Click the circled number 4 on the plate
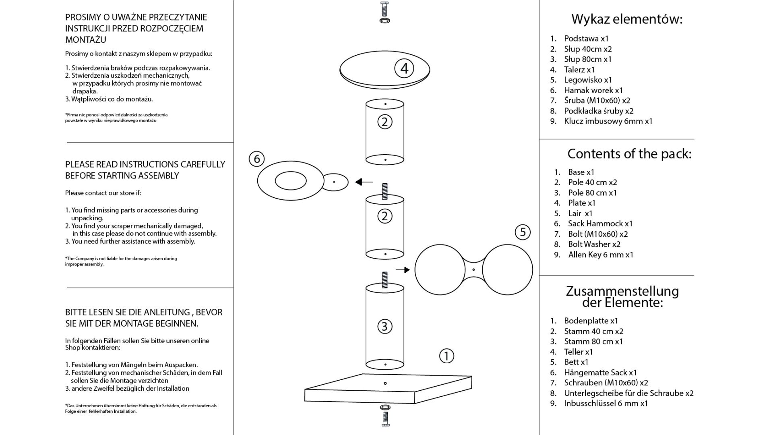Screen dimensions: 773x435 pyautogui.click(x=404, y=68)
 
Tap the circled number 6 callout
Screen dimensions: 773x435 pyautogui.click(x=257, y=159)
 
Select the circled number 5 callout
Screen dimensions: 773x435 pyautogui.click(x=523, y=232)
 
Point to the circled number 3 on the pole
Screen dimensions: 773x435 pyautogui.click(x=384, y=326)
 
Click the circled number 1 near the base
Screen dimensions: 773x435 pyautogui.click(x=446, y=356)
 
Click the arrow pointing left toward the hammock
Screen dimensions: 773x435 pyautogui.click(x=364, y=182)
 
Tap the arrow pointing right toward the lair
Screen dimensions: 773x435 pyautogui.click(x=403, y=270)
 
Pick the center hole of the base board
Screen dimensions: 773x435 pyautogui.click(x=385, y=383)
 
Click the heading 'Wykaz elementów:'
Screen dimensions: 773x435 pyautogui.click(x=627, y=19)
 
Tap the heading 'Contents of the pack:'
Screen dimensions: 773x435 pyautogui.click(x=629, y=153)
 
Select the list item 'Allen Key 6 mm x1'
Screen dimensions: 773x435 pyautogui.click(x=601, y=255)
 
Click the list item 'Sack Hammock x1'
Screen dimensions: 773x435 pyautogui.click(x=600, y=224)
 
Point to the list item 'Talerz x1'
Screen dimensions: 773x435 pyautogui.click(x=579, y=70)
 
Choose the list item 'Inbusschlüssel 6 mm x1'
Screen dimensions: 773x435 pyautogui.click(x=606, y=403)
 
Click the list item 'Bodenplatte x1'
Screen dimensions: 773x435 pyautogui.click(x=591, y=321)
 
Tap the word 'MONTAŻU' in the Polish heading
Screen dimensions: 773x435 pyautogui.click(x=86, y=40)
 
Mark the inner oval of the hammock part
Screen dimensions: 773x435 pyautogui.click(x=291, y=181)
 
